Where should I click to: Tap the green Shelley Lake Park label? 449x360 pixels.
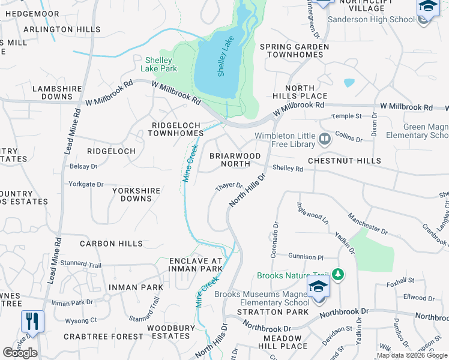[x=159, y=64]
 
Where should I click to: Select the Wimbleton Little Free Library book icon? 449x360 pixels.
[x=325, y=140]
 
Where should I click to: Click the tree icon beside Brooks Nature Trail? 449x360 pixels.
[x=339, y=275]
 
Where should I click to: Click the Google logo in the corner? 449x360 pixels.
[x=20, y=353]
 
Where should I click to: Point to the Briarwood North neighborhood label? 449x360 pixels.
[x=235, y=160]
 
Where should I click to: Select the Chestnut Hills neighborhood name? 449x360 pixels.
[x=344, y=161]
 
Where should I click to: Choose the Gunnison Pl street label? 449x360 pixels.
[x=305, y=256]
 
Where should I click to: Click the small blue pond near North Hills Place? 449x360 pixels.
[x=349, y=83]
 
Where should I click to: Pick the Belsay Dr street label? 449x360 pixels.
[x=83, y=166]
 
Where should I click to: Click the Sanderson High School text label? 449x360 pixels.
[x=371, y=19]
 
